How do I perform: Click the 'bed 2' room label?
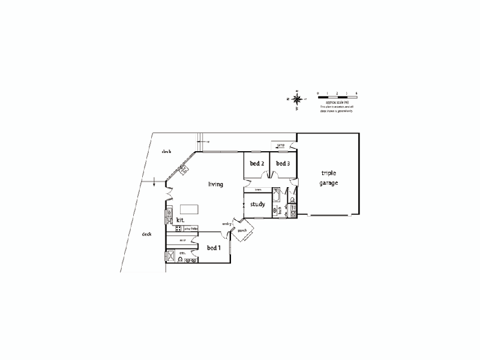pyautogui.click(x=257, y=163)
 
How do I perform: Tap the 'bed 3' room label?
pyautogui.click(x=283, y=163)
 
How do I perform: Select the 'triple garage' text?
pyautogui.click(x=329, y=177)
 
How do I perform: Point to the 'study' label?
pyautogui.click(x=258, y=205)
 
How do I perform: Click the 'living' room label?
pyautogui.click(x=216, y=184)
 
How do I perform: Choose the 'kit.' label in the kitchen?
pyautogui.click(x=179, y=220)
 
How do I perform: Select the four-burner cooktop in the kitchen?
pyautogui.click(x=179, y=229)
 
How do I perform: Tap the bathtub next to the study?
pyautogui.click(x=277, y=196)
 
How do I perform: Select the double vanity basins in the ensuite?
pyautogui.click(x=190, y=260)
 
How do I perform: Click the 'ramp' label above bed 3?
pyautogui.click(x=281, y=145)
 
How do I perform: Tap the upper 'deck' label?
pyautogui.click(x=167, y=152)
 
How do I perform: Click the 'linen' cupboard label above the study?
pyautogui.click(x=258, y=190)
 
